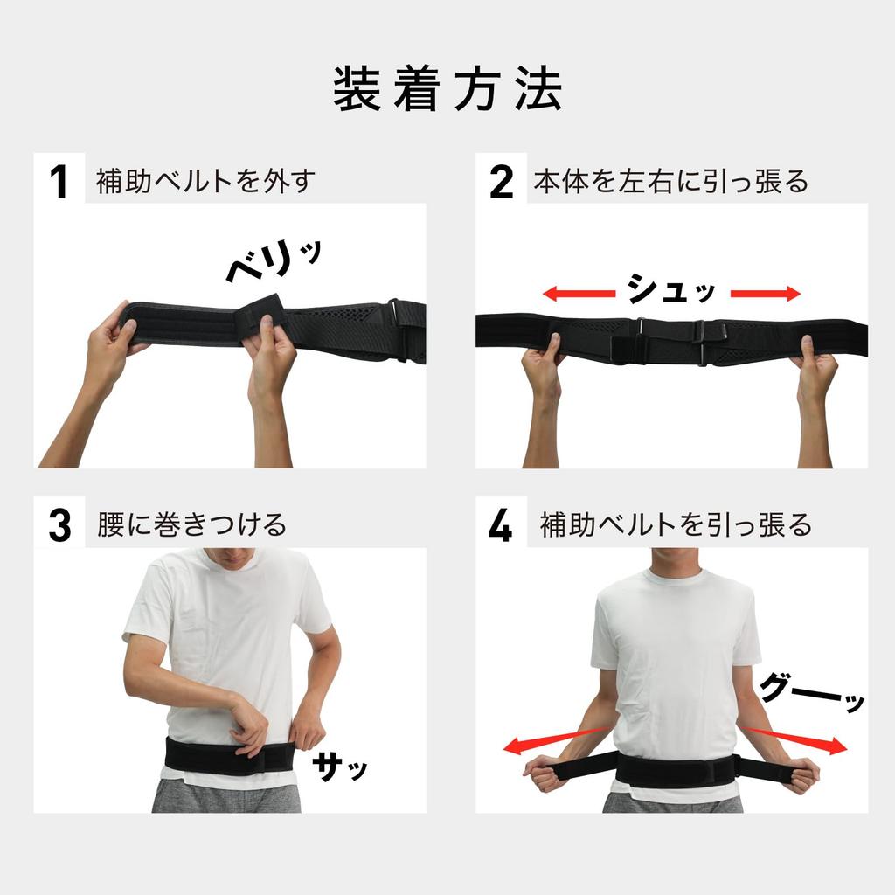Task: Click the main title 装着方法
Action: (x=447, y=89)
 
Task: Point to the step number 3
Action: (x=59, y=525)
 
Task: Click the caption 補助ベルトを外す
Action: (x=205, y=182)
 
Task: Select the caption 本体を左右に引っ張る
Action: (x=670, y=182)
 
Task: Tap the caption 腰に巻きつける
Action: (x=191, y=525)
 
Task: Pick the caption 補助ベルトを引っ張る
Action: (x=675, y=525)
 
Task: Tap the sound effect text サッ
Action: (x=340, y=767)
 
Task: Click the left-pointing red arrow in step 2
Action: (x=577, y=294)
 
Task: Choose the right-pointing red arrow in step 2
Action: (x=765, y=294)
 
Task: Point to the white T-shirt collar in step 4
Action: (x=674, y=578)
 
